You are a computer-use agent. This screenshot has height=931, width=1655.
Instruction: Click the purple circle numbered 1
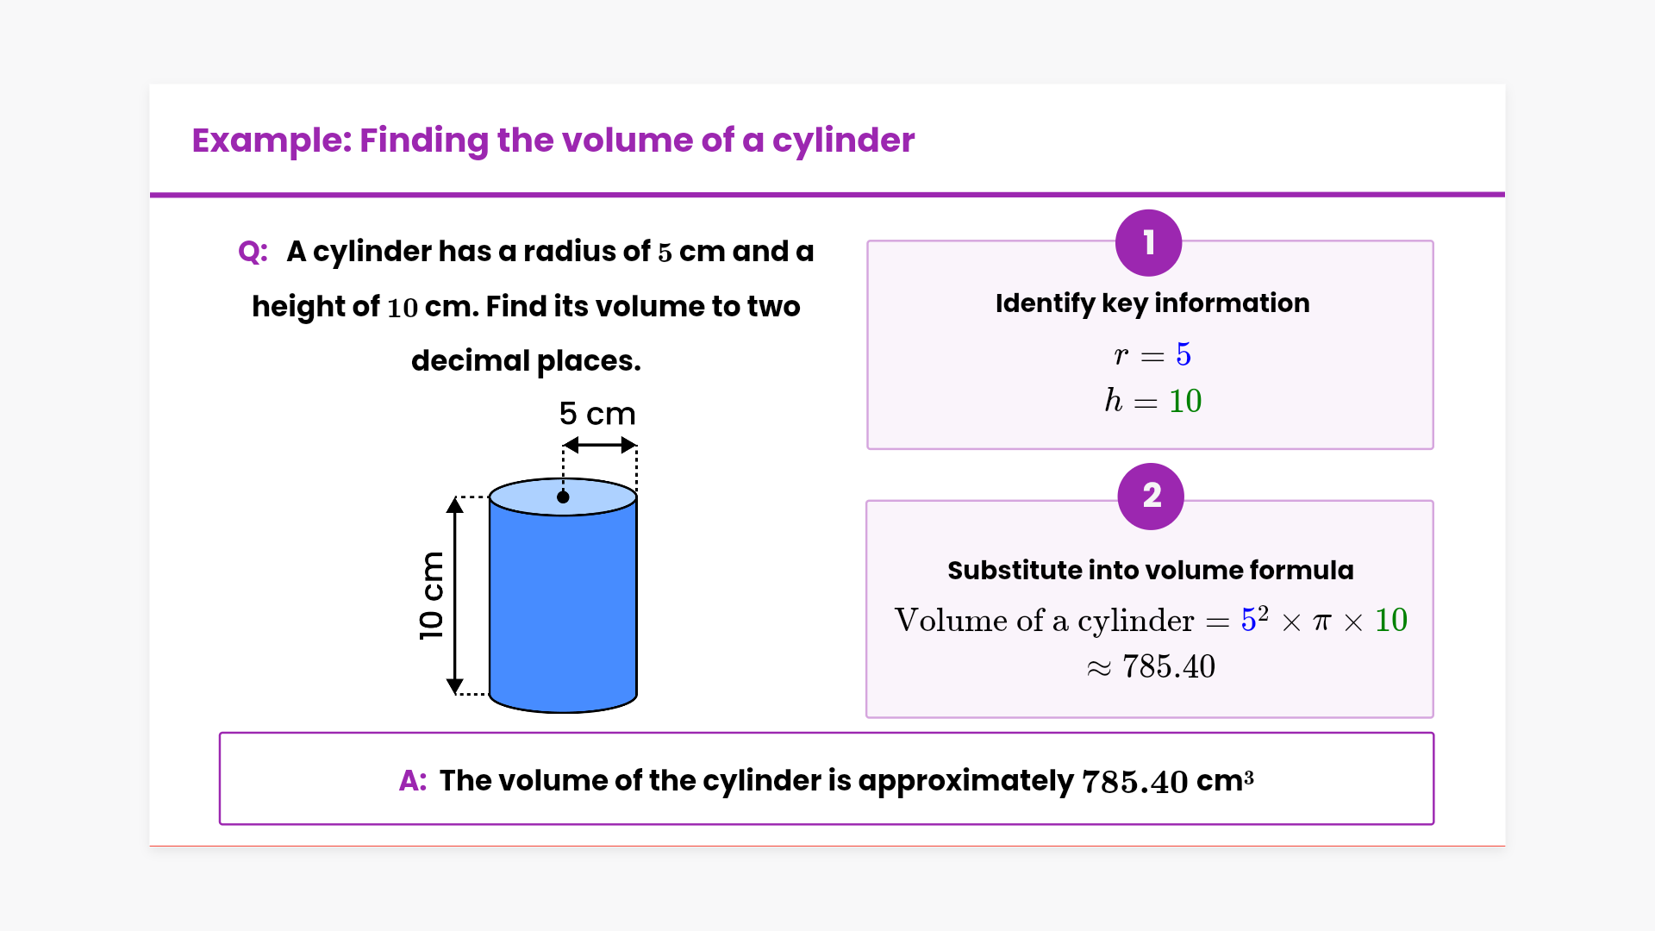click(1148, 243)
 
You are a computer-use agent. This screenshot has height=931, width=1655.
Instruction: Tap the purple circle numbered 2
click(1151, 497)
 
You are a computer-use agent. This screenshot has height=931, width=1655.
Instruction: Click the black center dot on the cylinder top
click(563, 497)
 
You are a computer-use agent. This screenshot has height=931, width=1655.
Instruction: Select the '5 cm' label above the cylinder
click(596, 414)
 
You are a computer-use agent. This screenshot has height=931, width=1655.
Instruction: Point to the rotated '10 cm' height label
click(431, 596)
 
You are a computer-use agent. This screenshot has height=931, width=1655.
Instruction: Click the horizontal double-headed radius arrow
click(600, 446)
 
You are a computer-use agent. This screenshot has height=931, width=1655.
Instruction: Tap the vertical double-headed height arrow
click(455, 596)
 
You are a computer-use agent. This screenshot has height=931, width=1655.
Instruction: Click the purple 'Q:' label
click(253, 252)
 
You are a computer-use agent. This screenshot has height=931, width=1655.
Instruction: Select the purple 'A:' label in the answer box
click(413, 781)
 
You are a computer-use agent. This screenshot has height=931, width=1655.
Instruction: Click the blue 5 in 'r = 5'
click(1183, 354)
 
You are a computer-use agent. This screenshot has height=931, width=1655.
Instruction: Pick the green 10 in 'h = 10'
click(1185, 401)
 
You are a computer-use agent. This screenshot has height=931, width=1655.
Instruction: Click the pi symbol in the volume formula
click(1321, 621)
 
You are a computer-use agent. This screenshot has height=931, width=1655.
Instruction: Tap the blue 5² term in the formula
click(1254, 619)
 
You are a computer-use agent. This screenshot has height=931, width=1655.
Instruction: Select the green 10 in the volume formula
click(1390, 620)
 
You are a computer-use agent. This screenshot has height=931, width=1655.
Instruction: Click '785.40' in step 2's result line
click(1168, 666)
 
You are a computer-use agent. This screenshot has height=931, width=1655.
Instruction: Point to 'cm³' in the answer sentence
click(1224, 781)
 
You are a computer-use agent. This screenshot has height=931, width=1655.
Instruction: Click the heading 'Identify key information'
click(1152, 303)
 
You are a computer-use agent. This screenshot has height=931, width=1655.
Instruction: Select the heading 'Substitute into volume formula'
click(1150, 571)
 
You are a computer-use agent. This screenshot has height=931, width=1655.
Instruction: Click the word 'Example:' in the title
click(272, 141)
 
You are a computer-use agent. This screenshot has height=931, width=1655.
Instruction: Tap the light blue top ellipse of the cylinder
click(603, 497)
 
